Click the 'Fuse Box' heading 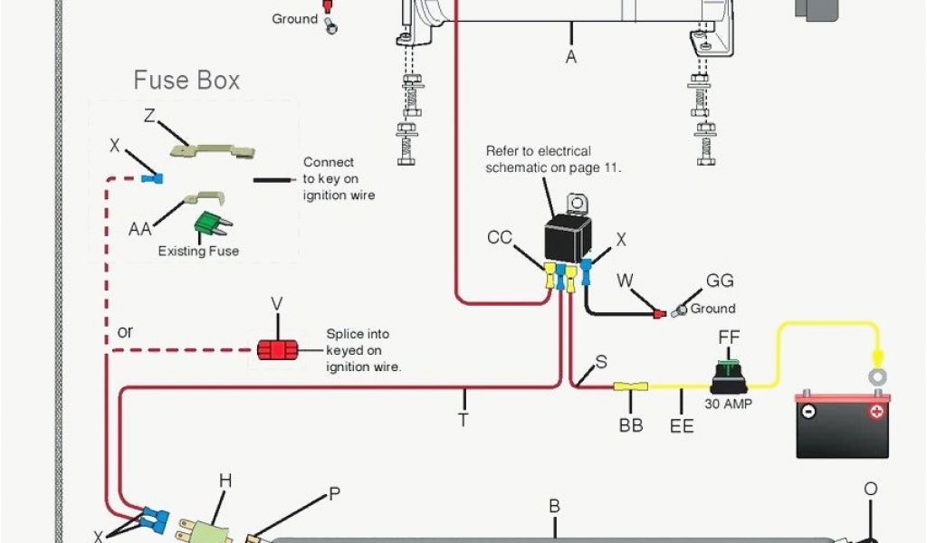coord(186,81)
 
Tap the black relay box coord(568,240)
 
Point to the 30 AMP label coord(729,404)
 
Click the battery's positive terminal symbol coord(875,411)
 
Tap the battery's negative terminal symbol coord(808,411)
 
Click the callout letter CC coord(500,238)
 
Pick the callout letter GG coord(720,281)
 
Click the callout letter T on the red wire coord(463,420)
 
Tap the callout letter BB coord(630,424)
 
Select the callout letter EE coord(682,424)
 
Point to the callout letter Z coord(150,115)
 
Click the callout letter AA coord(139,229)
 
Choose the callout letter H coord(225,481)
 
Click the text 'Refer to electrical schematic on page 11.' coord(553,159)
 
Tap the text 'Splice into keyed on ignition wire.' coord(363,350)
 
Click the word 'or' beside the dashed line coord(125,332)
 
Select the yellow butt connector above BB coord(630,387)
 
